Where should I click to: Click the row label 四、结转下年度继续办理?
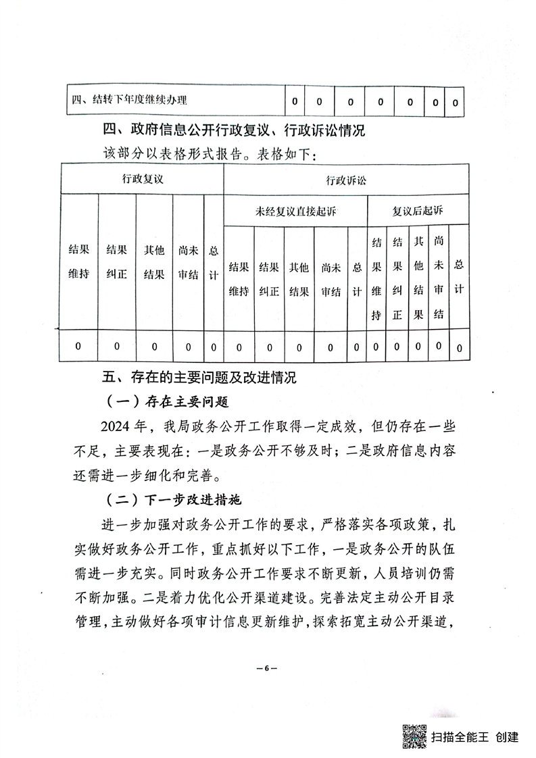pos(130,101)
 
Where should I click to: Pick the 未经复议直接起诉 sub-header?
pos(296,211)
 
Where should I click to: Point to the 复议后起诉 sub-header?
pos(418,211)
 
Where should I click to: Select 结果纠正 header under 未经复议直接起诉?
pos(269,278)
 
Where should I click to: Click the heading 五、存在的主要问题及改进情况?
pos(199,377)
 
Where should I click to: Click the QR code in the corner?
pos(414,736)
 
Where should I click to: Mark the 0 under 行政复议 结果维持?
pos(78,347)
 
